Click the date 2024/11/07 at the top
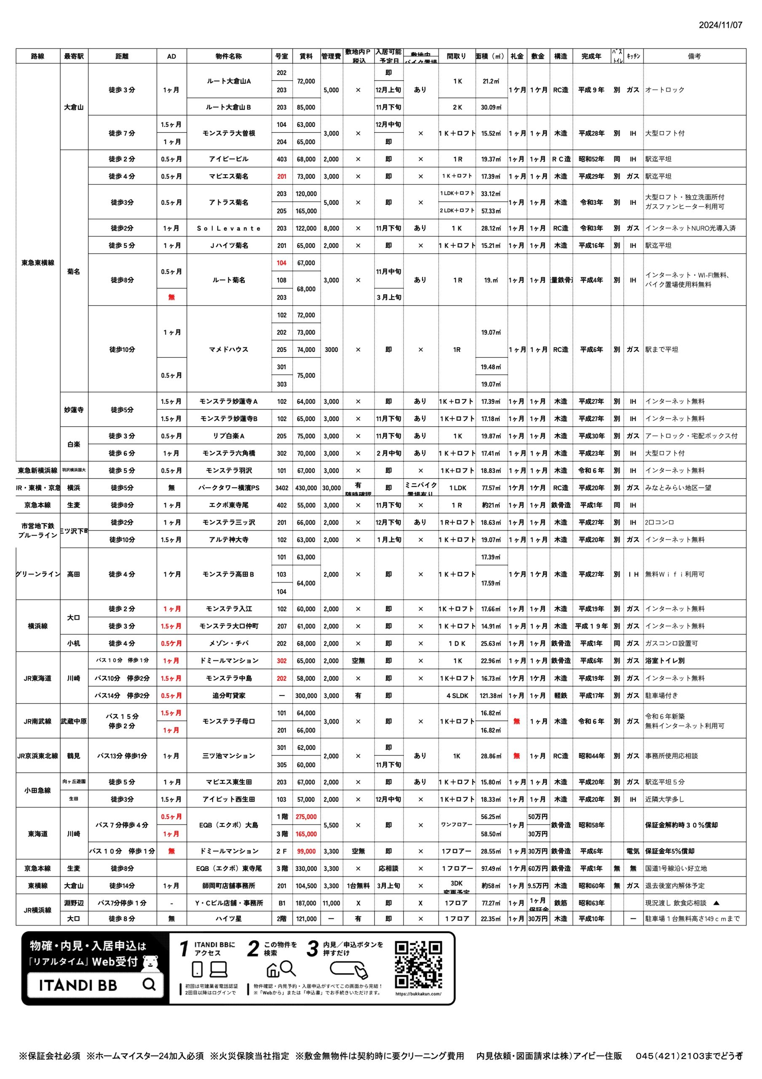tap(720, 25)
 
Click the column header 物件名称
tap(228, 56)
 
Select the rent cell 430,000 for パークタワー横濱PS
tap(306, 488)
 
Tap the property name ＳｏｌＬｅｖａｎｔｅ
tap(228, 228)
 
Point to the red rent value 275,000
tap(306, 817)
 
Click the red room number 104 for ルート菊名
tap(281, 263)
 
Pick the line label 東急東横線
tap(37, 263)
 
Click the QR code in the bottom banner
tap(418, 965)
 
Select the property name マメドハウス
tap(228, 350)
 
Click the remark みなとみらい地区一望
tap(678, 488)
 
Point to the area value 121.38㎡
tap(491, 695)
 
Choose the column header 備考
tap(694, 56)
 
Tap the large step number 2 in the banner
tap(253, 949)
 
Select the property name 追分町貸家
tap(228, 695)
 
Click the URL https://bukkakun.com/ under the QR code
tap(418, 993)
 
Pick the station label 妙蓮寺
tap(74, 410)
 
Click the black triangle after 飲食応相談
tap(717, 903)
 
